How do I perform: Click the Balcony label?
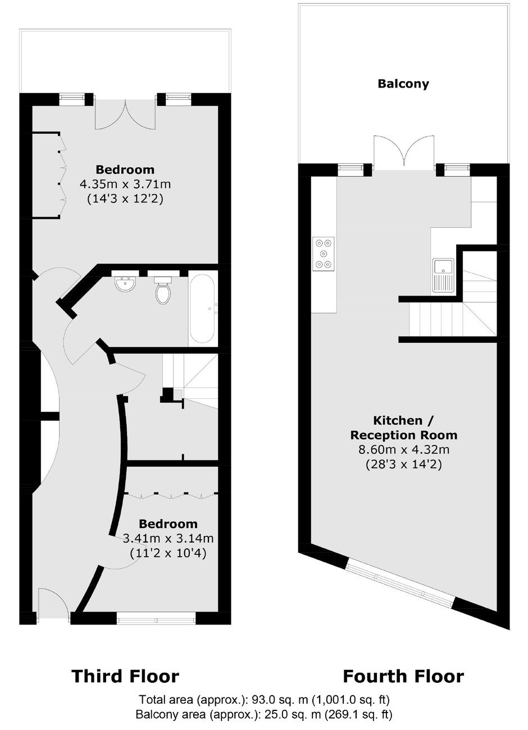pos(403,84)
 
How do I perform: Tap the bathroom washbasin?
pos(125,283)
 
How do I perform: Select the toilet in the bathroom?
pos(162,290)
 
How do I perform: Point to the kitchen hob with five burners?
pos(324,254)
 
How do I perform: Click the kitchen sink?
pos(443,275)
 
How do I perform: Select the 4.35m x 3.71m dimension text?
pos(125,184)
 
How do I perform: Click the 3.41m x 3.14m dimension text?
pos(168,538)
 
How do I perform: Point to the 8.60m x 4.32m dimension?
pos(404,450)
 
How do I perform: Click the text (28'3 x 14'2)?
pos(404,464)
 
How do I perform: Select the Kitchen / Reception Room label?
pos(404,428)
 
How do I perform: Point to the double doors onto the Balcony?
pos(404,153)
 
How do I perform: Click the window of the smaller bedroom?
pos(156,618)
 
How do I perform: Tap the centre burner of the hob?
pos(324,254)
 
